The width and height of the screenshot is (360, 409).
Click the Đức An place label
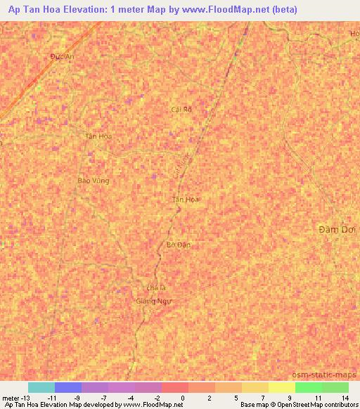62,57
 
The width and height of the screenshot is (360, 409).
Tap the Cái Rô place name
181,109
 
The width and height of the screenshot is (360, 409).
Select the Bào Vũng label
94,181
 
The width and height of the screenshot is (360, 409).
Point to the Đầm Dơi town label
334,230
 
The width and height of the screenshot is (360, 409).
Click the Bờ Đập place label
179,245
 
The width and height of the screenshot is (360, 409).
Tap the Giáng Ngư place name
153,300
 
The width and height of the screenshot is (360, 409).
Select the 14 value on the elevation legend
344,397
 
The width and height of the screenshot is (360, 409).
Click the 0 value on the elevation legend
181,397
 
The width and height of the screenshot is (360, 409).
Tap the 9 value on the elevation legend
289,397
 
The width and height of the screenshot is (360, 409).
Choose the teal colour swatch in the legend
41,387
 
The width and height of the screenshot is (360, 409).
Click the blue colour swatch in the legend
67,387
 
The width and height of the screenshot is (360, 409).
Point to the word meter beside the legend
11,397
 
